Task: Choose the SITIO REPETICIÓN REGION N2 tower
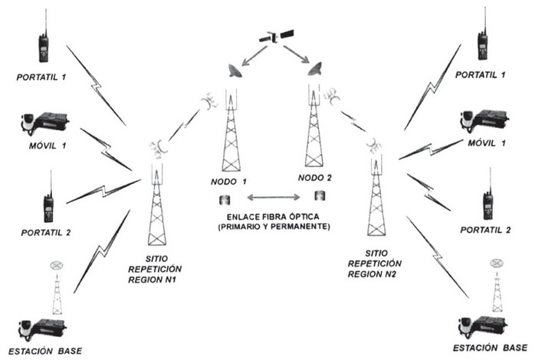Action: coord(375,203)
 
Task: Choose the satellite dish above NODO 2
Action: coord(313,69)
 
